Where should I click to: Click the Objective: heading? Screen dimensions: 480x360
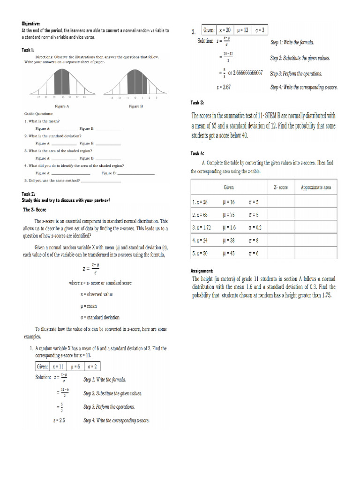pos(31,23)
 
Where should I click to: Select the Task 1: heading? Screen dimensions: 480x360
pos(28,50)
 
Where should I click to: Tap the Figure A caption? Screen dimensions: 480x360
pos(61,106)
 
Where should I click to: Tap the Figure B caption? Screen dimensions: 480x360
pos(135,106)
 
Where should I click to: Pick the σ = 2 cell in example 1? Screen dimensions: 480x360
pos(93,367)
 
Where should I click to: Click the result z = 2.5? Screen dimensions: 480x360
pos(59,420)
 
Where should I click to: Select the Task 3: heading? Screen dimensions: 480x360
pos(197,103)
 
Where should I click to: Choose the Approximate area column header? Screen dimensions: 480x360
pos(315,187)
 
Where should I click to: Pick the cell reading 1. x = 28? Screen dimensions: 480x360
pos(200,202)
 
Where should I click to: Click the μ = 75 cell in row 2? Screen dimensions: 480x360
pos(229,215)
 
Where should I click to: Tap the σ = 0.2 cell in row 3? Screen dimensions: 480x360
pos(255,227)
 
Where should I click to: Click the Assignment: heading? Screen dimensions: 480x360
pos(202,271)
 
